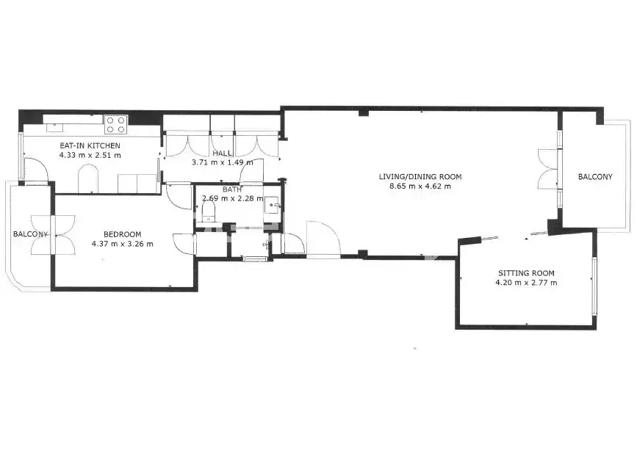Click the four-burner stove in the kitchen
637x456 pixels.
[x=116, y=125]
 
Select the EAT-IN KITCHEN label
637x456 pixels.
[x=90, y=145]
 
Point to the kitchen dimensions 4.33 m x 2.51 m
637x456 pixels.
[x=90, y=155]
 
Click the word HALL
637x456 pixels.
[x=222, y=153]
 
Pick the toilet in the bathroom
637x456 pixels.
[x=209, y=211]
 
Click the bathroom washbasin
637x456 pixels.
[x=271, y=205]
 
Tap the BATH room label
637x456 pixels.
[x=232, y=189]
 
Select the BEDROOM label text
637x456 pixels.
[x=122, y=234]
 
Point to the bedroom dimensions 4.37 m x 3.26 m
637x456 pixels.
[x=122, y=244]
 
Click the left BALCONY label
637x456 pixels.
[x=30, y=234]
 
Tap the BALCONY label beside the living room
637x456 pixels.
[x=595, y=177]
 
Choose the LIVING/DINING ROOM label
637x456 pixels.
[x=420, y=177]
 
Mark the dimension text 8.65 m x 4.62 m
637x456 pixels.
[x=420, y=187]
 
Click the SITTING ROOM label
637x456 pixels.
[x=526, y=273]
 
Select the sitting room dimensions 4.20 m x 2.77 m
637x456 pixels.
[x=526, y=283]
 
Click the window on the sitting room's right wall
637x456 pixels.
[x=594, y=286]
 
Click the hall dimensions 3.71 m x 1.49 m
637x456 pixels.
[x=222, y=162]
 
